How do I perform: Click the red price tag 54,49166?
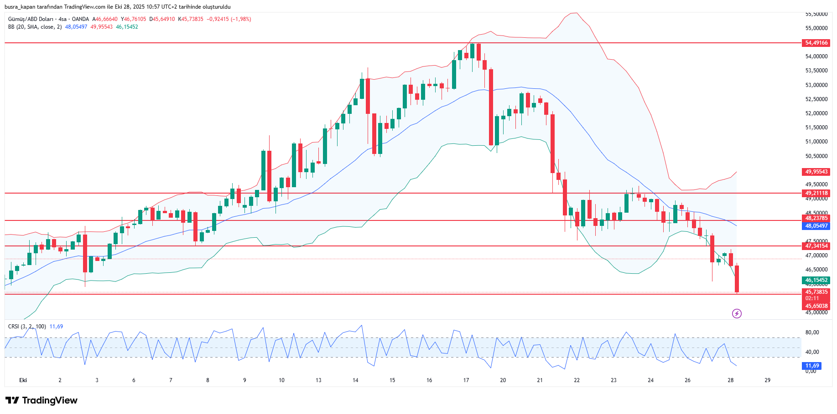click(x=816, y=43)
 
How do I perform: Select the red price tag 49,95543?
click(x=816, y=172)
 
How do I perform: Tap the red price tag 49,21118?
click(x=816, y=193)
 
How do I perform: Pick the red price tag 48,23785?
click(x=816, y=218)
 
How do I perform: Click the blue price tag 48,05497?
click(x=816, y=226)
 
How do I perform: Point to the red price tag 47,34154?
click(x=816, y=246)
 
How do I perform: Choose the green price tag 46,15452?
click(x=816, y=280)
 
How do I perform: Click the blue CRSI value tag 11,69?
click(x=812, y=366)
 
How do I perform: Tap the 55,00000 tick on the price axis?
click(x=816, y=28)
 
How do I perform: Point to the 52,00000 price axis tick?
click(x=816, y=113)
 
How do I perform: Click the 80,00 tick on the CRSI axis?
click(x=812, y=332)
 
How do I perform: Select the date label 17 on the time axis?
click(x=466, y=380)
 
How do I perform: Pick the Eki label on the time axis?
click(x=23, y=380)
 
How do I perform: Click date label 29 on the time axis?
click(x=767, y=380)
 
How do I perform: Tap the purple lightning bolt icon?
click(x=737, y=313)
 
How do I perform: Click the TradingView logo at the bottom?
click(x=42, y=400)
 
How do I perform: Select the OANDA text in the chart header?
click(x=80, y=19)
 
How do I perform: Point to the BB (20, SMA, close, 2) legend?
click(x=35, y=27)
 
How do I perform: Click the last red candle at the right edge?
click(x=737, y=279)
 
